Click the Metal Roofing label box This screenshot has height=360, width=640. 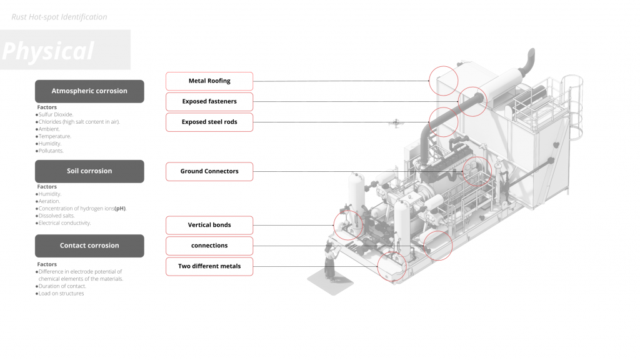pyautogui.click(x=209, y=81)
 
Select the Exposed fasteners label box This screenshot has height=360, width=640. pyautogui.click(x=209, y=101)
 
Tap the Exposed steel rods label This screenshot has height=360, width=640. pyautogui.click(x=209, y=122)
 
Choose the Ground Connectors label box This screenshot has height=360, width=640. pyautogui.click(x=209, y=171)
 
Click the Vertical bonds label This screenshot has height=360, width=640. pyautogui.click(x=209, y=225)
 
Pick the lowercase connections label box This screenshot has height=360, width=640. pyautogui.click(x=209, y=246)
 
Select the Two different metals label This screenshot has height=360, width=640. pyautogui.click(x=209, y=266)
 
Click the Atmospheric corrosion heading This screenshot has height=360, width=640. pyautogui.click(x=89, y=91)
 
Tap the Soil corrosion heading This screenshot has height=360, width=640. pyautogui.click(x=89, y=171)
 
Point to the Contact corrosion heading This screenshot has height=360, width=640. pyautogui.click(x=89, y=246)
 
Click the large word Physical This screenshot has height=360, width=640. pyautogui.click(x=48, y=51)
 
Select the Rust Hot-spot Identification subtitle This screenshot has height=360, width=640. pyautogui.click(x=59, y=17)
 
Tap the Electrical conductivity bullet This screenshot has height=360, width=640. pyautogui.click(x=64, y=223)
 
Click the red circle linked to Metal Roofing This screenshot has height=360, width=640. pyautogui.click(x=444, y=81)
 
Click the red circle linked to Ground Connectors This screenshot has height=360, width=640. pyautogui.click(x=477, y=171)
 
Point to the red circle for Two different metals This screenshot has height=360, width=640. pyautogui.click(x=392, y=266)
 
